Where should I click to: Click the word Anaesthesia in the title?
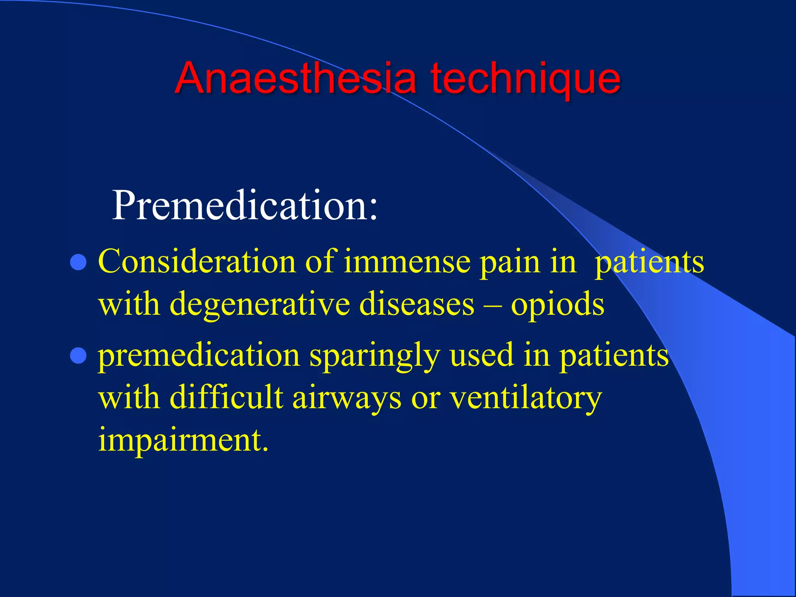295,79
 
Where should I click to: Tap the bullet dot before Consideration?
78,262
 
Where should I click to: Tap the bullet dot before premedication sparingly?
78,356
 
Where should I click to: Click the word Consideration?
196,262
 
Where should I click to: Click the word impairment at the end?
183,441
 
